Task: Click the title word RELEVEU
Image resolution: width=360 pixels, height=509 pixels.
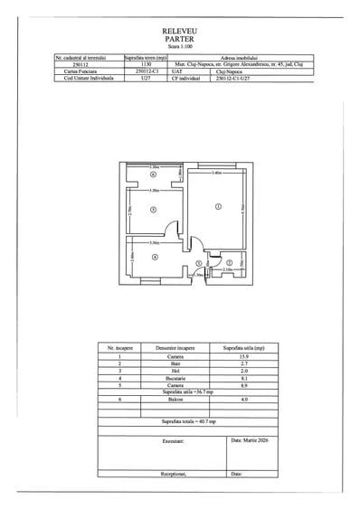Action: [180, 30]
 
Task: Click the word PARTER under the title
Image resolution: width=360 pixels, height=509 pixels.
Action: [180, 39]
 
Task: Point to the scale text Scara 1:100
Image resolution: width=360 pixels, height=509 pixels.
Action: [180, 47]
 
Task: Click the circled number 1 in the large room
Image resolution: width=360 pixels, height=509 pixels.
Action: [218, 207]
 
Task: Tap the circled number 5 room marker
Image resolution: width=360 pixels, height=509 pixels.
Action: [154, 210]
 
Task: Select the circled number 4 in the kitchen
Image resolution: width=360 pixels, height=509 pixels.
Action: [155, 258]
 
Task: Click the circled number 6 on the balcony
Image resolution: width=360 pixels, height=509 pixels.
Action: [154, 175]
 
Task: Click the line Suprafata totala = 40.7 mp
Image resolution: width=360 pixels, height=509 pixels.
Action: [181, 421]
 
